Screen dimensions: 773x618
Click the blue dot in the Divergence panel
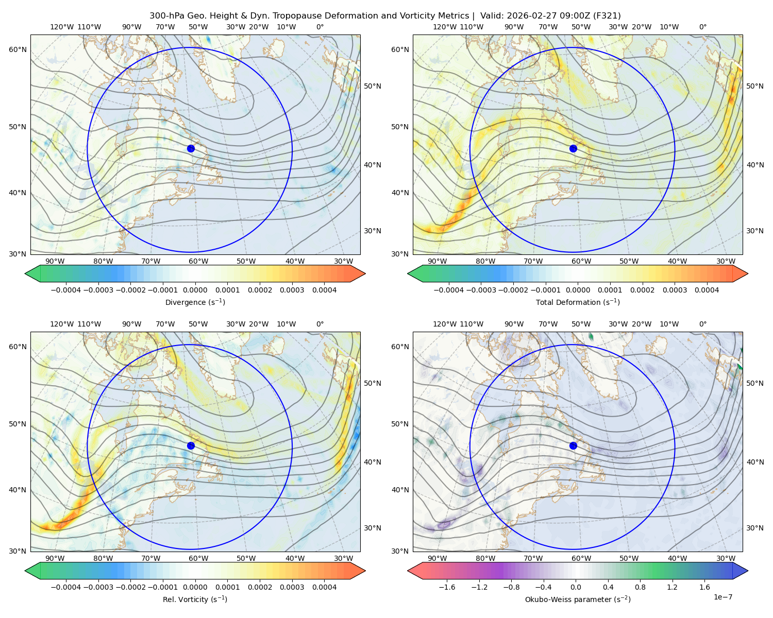[191, 148]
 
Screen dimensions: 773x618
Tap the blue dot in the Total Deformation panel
[573, 148]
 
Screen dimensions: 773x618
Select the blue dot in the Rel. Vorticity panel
[191, 445]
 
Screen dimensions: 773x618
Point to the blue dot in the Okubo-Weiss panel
[573, 445]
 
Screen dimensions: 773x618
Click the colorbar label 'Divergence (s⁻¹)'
[195, 302]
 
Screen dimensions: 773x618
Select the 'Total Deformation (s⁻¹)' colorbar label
[578, 302]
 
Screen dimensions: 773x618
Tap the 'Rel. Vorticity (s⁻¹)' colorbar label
[195, 599]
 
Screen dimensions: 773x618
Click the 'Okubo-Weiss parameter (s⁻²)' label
[578, 599]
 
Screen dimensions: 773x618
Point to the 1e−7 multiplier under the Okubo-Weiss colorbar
[722, 597]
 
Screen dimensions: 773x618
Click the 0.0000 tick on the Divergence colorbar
[195, 290]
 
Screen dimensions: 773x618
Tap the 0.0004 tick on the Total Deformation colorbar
[707, 290]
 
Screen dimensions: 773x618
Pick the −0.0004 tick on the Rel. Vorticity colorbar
[66, 587]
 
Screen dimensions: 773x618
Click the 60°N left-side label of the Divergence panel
[18, 49]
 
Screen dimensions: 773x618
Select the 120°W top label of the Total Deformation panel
[445, 27]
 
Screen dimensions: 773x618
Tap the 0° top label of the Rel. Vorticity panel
[320, 324]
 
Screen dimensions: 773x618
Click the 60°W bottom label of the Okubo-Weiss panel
[581, 558]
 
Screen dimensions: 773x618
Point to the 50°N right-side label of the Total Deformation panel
[755, 86]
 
